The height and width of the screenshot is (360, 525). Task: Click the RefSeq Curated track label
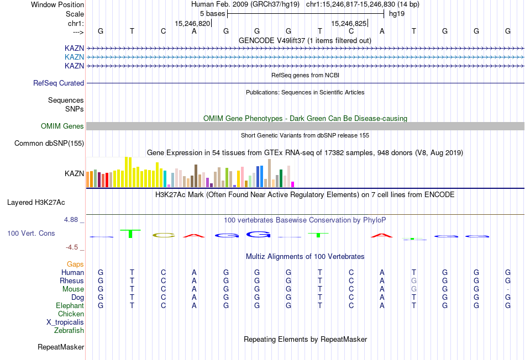click(59, 83)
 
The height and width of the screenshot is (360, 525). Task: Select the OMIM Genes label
click(62, 126)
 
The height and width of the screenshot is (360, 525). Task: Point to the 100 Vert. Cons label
click(31, 234)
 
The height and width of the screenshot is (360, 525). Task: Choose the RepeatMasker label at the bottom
click(61, 347)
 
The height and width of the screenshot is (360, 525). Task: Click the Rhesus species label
click(72, 281)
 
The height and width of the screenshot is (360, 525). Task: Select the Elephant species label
click(70, 306)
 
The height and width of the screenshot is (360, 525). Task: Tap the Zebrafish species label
click(69, 331)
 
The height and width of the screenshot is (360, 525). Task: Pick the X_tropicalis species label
click(65, 322)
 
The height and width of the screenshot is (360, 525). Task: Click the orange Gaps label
click(75, 264)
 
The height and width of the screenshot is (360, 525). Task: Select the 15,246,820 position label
click(192, 24)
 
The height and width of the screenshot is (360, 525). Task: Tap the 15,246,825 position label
click(349, 24)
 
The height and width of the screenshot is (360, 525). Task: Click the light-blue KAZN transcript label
click(75, 57)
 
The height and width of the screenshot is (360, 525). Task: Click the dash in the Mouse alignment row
click(508, 289)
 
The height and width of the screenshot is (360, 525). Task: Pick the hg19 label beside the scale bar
click(397, 14)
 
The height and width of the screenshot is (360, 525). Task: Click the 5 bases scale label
click(212, 14)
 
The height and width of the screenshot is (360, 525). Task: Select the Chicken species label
click(71, 314)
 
